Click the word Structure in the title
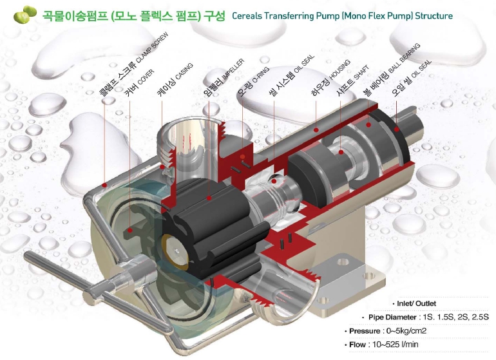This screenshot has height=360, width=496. [430, 15]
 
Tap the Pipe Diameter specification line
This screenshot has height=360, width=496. [428, 317]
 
